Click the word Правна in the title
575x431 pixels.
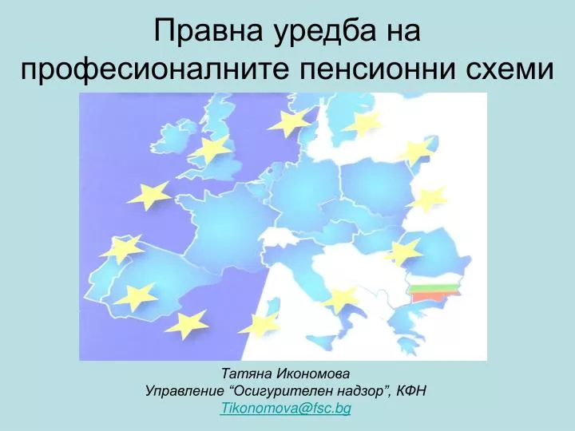click(208, 30)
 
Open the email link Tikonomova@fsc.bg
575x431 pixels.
click(286, 409)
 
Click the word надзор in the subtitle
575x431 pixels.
click(359, 391)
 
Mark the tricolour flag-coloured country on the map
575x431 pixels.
click(434, 291)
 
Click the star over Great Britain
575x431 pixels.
click(212, 149)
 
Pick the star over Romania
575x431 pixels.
click(403, 252)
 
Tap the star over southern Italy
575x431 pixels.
click(340, 299)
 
